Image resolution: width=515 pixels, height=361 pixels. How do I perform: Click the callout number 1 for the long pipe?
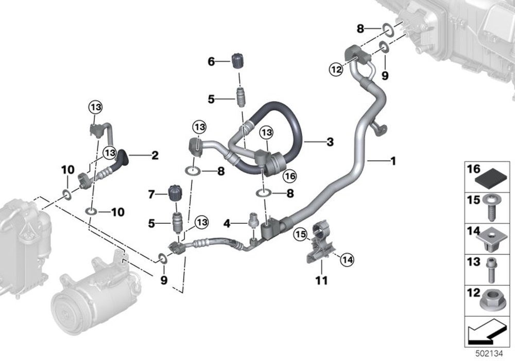coord(392,161)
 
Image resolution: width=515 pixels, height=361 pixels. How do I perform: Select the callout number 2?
coord(154,155)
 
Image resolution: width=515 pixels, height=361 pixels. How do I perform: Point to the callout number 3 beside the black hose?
coord(330,142)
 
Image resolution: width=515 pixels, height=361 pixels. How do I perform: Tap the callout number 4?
coord(227,224)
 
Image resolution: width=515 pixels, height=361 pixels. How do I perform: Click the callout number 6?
coord(211,61)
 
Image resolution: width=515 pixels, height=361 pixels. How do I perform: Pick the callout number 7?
coord(151,194)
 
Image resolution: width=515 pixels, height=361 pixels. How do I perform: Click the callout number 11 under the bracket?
coord(321,281)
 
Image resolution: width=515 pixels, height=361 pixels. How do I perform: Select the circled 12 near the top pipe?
coord(336,70)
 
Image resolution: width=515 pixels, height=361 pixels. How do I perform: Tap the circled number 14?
coord(347,260)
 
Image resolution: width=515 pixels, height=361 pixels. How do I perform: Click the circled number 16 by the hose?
coord(290,176)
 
